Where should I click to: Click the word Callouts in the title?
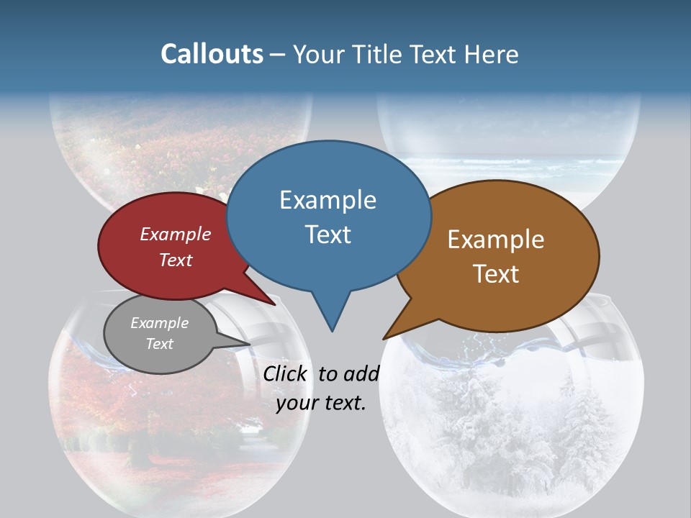[212, 54]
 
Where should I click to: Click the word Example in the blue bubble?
[328, 200]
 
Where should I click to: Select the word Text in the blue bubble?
[328, 235]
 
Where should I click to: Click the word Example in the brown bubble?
[496, 240]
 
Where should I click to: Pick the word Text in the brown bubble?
[496, 274]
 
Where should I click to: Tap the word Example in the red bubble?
[176, 235]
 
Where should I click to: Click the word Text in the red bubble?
[176, 260]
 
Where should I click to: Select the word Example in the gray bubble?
[160, 323]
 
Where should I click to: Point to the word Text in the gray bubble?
[160, 344]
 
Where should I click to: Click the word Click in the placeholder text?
[286, 373]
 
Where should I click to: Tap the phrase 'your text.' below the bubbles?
[321, 404]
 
